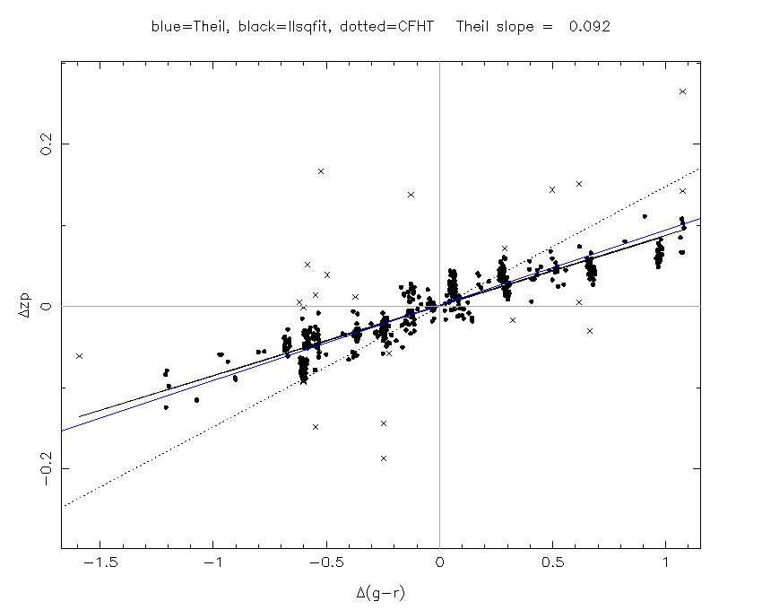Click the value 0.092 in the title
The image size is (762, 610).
click(x=589, y=27)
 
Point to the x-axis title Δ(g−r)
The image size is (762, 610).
click(x=381, y=592)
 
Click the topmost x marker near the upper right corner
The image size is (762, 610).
click(x=682, y=91)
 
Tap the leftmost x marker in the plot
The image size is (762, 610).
click(x=79, y=356)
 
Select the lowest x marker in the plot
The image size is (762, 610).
click(x=384, y=458)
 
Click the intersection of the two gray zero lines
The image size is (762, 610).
click(x=439, y=306)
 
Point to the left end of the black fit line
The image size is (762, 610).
click(x=80, y=416)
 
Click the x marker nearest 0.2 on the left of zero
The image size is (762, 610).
click(x=320, y=170)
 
